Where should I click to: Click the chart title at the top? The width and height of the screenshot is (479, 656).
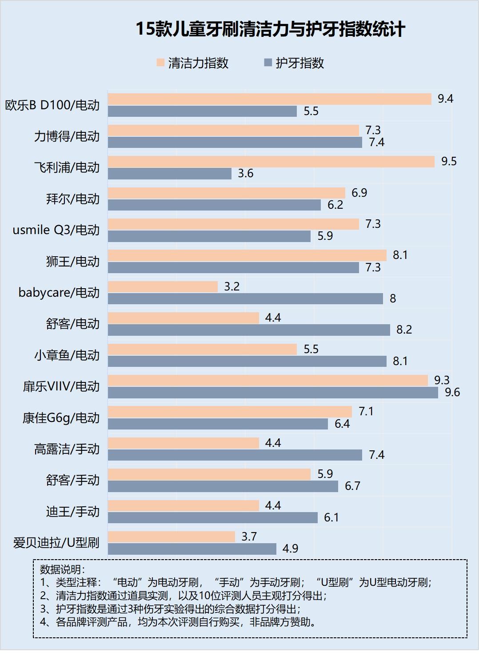(270, 29)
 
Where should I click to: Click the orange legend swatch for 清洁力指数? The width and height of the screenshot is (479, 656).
(160, 63)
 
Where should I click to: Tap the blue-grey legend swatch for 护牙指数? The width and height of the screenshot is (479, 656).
(267, 63)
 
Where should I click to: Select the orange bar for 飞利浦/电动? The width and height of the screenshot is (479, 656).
(271, 162)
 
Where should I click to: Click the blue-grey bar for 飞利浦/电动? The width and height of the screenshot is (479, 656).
(170, 174)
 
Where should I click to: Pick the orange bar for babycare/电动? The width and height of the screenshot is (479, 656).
(163, 287)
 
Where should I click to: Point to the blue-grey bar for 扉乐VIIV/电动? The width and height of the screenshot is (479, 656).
(273, 393)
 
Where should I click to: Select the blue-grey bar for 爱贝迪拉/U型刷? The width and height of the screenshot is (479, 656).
(192, 549)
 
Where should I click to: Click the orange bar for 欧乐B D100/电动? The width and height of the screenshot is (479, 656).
(270, 99)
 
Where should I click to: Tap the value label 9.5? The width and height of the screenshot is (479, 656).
(449, 161)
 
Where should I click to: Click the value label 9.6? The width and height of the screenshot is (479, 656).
(452, 392)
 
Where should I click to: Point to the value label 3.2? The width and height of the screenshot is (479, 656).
(232, 286)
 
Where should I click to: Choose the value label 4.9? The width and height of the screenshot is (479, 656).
(290, 549)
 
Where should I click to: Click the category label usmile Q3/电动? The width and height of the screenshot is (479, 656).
(56, 230)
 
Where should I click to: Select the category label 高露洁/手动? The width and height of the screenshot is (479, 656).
(67, 449)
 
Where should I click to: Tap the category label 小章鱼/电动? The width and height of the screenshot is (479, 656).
(67, 355)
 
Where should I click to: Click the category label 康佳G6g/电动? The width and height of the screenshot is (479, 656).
(61, 418)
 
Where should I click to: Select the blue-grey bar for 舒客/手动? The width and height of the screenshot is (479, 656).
(223, 486)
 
